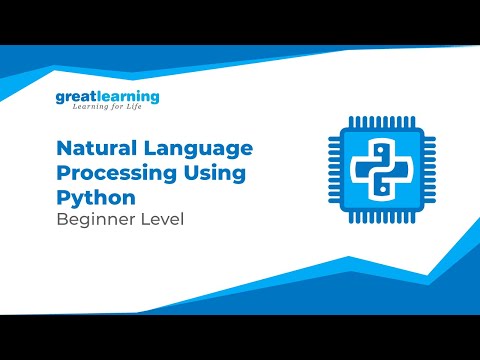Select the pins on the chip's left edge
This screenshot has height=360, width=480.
(330, 166)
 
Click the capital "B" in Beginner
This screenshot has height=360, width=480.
(61, 218)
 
